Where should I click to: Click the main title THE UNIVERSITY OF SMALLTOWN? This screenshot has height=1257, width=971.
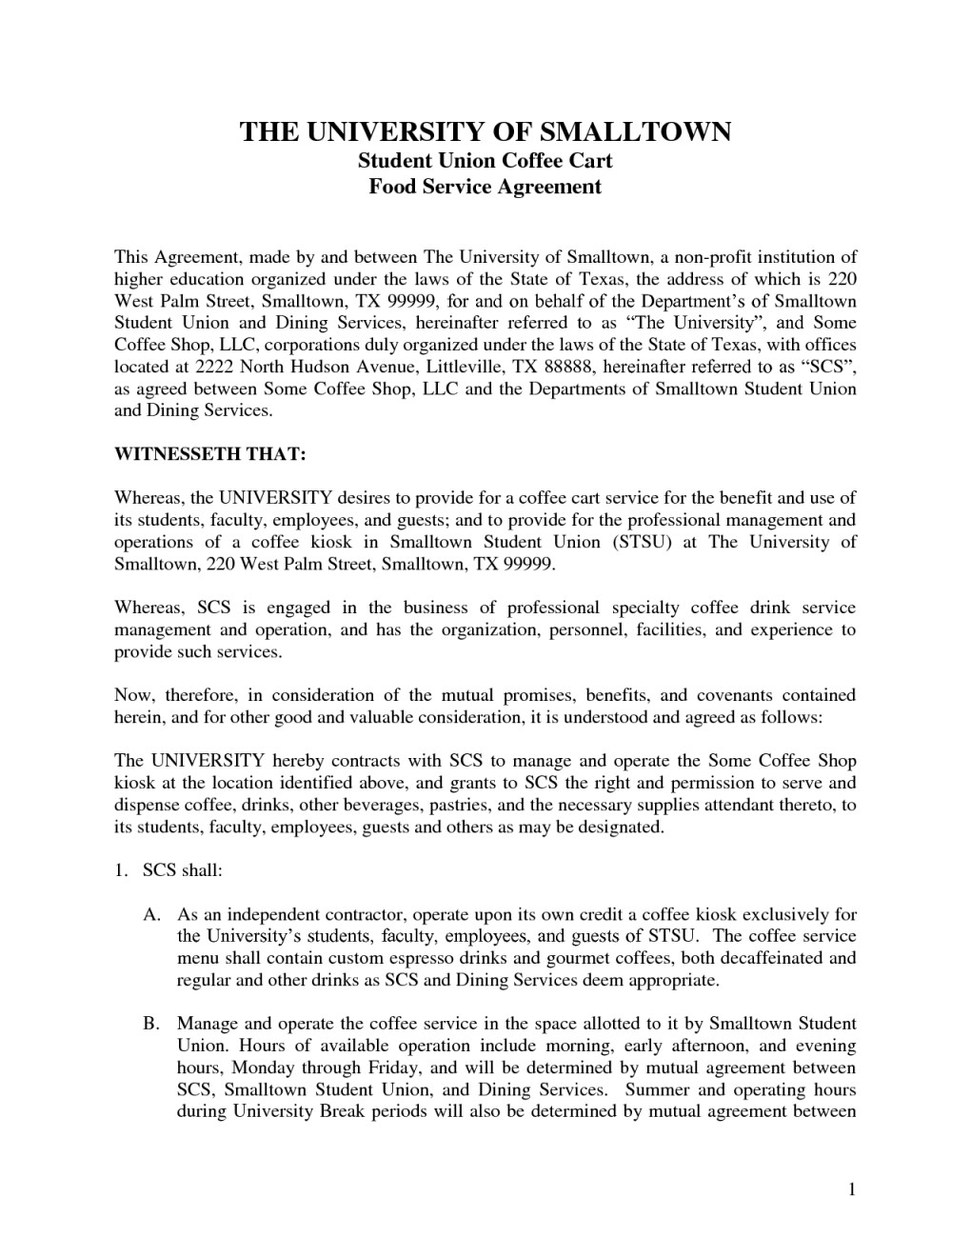pyautogui.click(x=485, y=131)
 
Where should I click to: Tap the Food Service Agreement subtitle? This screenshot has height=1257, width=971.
pyautogui.click(x=485, y=187)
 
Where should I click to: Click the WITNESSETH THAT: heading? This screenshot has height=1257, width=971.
pyautogui.click(x=210, y=455)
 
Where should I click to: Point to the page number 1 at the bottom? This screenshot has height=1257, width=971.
pyautogui.click(x=853, y=1188)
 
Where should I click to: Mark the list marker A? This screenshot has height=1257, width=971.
pyautogui.click(x=151, y=915)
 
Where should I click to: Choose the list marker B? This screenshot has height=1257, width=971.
pyautogui.click(x=151, y=1025)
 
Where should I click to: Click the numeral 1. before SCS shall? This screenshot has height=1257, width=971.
pyautogui.click(x=121, y=871)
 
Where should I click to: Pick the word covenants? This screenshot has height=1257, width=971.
pyautogui.click(x=742, y=696)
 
